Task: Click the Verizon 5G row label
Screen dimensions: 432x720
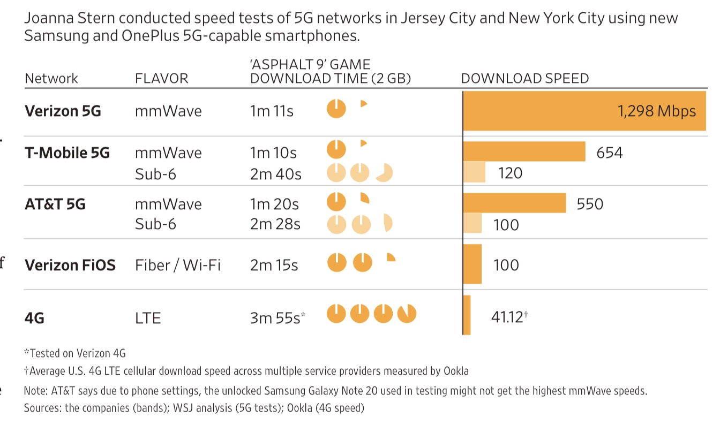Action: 63,111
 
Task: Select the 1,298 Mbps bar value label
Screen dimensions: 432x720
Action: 656,111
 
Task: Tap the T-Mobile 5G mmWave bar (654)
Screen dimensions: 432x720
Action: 524,151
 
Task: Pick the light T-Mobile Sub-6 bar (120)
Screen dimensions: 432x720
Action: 475,172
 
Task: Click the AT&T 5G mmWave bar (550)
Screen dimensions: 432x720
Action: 514,203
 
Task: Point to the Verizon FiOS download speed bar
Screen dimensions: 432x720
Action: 472,264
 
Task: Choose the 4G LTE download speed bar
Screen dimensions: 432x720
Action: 467,315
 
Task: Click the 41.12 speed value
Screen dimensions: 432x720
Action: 507,317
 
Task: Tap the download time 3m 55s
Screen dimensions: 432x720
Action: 275,318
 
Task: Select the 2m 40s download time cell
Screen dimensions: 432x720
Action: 275,174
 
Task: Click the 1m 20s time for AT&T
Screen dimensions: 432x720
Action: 274,204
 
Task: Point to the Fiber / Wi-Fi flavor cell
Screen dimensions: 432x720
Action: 177,265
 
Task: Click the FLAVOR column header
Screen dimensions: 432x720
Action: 161,79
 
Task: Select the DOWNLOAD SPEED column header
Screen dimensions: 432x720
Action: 524,79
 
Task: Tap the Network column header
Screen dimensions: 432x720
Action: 51,79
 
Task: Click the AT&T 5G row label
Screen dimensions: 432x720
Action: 55,204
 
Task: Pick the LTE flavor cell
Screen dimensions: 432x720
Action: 148,318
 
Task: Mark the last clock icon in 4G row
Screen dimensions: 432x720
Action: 407,314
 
